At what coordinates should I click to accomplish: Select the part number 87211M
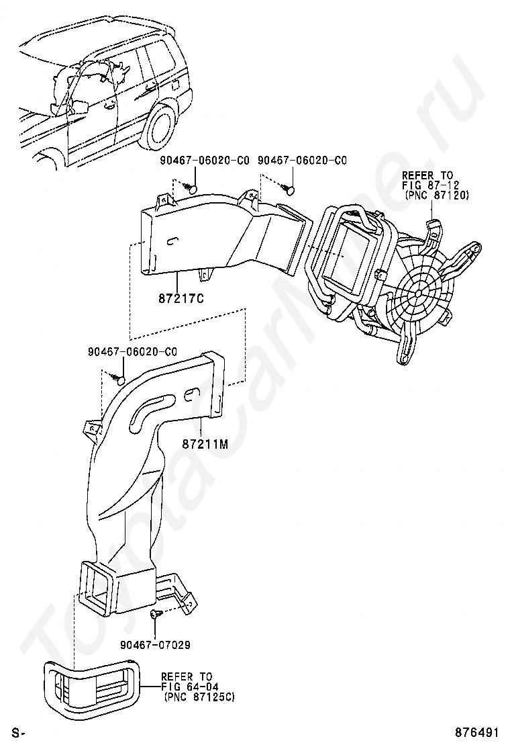[205, 445]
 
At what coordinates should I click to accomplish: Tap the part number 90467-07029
[155, 645]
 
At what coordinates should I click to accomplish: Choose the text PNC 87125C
[199, 697]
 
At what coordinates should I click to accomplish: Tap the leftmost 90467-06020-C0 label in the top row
[203, 161]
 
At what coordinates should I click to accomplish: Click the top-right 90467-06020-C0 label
[303, 161]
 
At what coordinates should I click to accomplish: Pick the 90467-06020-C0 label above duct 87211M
[132, 351]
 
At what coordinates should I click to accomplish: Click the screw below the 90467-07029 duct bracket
[155, 614]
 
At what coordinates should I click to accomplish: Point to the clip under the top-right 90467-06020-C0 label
[289, 189]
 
